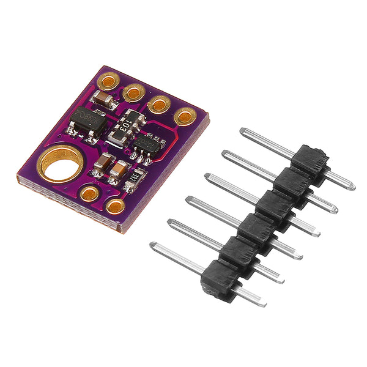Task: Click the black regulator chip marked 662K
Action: pyautogui.click(x=87, y=119)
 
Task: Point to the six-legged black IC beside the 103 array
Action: pyautogui.click(x=149, y=146)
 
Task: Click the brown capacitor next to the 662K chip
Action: pyautogui.click(x=100, y=98)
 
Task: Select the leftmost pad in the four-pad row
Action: pyautogui.click(x=109, y=80)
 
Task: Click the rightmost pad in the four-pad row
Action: pyautogui.click(x=184, y=116)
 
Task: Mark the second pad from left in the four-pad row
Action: pyautogui.click(x=133, y=92)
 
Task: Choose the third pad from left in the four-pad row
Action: pyautogui.click(x=160, y=103)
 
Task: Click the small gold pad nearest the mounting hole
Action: pyautogui.click(x=89, y=194)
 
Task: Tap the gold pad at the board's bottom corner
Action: pyautogui.click(x=114, y=206)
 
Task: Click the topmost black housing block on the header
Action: pyautogui.click(x=309, y=160)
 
